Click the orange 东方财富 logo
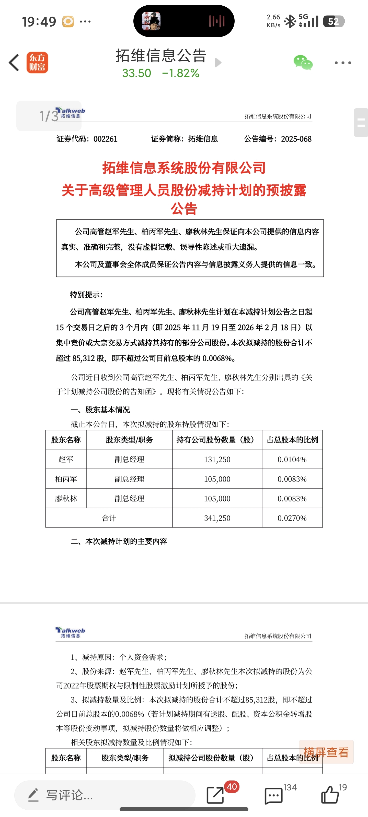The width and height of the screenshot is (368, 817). [x=37, y=63]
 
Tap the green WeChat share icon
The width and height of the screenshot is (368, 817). [x=303, y=63]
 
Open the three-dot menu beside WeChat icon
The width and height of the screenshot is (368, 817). [x=343, y=63]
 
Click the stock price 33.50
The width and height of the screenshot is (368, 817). [x=136, y=73]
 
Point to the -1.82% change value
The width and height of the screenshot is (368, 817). [x=181, y=73]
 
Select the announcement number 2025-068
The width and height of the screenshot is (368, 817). [x=296, y=139]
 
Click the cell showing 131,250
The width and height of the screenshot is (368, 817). [x=217, y=459]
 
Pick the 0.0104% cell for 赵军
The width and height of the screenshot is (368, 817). [x=292, y=459]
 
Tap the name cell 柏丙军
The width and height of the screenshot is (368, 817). [x=66, y=479]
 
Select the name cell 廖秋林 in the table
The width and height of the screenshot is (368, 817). [x=66, y=499]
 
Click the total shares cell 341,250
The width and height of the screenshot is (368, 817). [x=217, y=518]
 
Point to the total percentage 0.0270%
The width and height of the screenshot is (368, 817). [x=292, y=518]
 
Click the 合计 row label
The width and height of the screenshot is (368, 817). [x=109, y=518]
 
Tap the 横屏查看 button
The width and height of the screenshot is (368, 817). [x=326, y=752]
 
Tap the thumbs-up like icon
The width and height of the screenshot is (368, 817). [x=330, y=795]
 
